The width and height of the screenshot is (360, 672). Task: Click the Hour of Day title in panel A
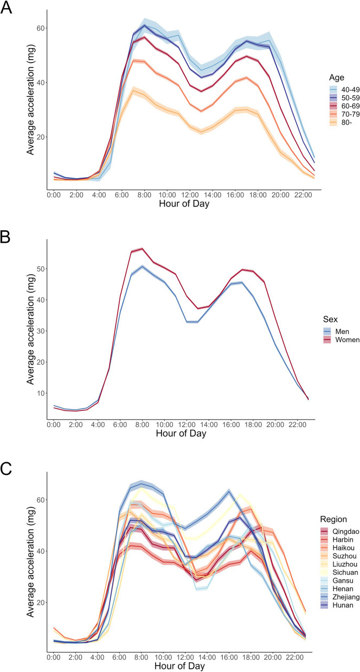pyautogui.click(x=183, y=204)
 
